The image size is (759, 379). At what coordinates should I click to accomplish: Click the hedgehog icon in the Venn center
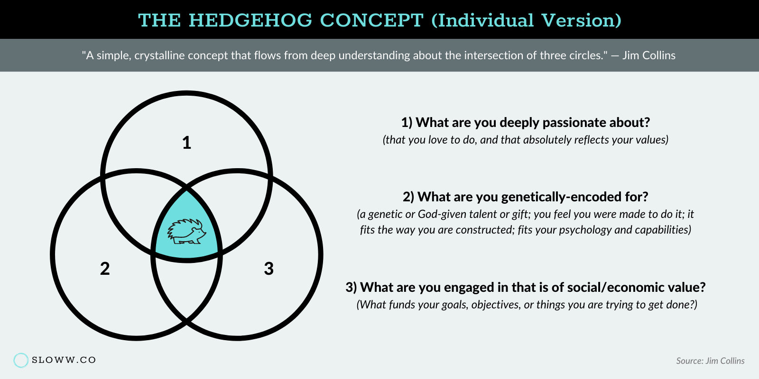click(187, 232)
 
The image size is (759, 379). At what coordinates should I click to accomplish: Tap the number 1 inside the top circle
click(187, 143)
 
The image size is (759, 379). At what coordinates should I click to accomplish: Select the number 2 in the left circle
click(105, 269)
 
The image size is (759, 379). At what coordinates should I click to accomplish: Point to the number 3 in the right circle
click(268, 269)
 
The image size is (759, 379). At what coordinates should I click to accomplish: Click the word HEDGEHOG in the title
click(250, 20)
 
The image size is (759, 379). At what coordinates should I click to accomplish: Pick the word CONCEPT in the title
click(372, 20)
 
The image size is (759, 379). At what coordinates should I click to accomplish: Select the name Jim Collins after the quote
click(649, 55)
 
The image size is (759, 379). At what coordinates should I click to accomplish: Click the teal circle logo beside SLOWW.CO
click(21, 360)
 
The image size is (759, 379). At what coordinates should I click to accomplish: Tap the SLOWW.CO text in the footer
click(64, 360)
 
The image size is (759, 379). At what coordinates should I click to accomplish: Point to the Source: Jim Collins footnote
click(710, 361)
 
